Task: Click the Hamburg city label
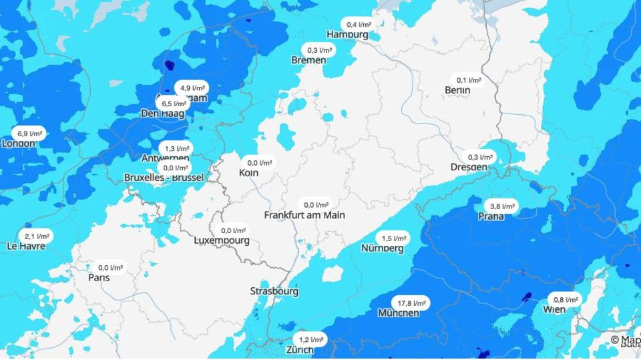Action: point(347,34)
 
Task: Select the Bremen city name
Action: point(308,60)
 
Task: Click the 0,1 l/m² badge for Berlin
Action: point(469,79)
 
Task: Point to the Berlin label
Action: point(457,90)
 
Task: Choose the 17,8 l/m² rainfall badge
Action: point(410,303)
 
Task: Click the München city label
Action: point(399,313)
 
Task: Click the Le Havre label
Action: point(26,246)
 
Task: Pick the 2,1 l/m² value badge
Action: point(37,236)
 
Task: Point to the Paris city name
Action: point(99,277)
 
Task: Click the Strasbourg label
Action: point(274,291)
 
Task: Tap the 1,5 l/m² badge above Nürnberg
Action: point(393,238)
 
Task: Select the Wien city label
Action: point(554,309)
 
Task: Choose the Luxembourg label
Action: point(222,240)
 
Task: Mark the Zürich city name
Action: point(300,349)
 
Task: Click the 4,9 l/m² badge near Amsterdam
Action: point(191,87)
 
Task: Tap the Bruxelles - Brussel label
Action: point(164,178)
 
